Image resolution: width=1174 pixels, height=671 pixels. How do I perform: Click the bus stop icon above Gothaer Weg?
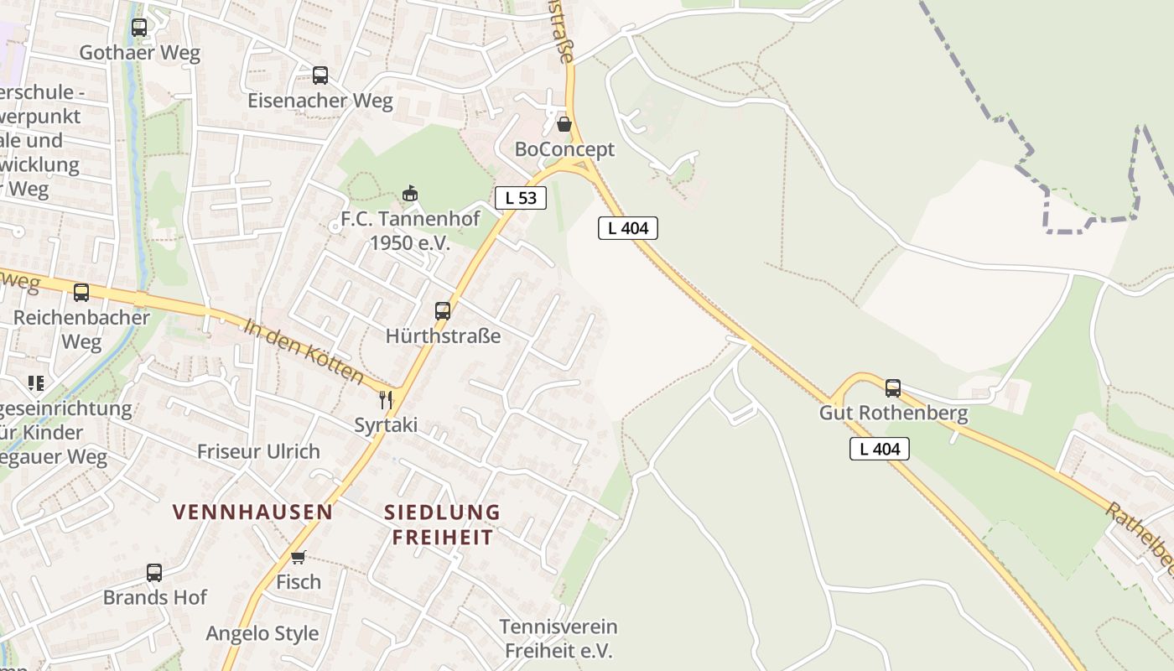139,28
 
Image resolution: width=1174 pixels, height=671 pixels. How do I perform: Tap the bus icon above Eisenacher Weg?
320,75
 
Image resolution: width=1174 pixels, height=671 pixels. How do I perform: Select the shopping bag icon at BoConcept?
564,124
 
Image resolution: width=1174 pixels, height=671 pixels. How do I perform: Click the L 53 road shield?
521,198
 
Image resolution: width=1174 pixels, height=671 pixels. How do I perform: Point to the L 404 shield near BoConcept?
628,227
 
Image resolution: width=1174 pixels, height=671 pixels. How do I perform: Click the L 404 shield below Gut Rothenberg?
880,449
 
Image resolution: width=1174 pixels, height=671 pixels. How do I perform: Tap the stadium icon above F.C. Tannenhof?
410,194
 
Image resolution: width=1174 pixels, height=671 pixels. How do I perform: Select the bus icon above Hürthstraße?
443,311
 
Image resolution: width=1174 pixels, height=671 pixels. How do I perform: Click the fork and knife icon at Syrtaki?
386,399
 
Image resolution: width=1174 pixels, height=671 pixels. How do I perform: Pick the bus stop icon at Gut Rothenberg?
893,388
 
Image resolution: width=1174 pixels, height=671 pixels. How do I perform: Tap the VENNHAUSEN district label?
252,512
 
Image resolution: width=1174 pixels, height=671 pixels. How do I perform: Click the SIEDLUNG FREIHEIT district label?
442,524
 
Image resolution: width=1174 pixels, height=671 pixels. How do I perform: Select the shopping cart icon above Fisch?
298,557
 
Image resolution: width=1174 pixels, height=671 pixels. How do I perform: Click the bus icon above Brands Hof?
154,573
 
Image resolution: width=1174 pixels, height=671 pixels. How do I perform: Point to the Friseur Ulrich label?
258,451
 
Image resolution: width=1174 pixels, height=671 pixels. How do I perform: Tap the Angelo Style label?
262,633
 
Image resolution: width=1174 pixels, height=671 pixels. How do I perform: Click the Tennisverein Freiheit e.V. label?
558,638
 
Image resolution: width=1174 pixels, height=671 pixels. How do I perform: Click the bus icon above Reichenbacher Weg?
81,293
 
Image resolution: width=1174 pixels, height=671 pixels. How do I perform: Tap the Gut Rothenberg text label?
893,414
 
